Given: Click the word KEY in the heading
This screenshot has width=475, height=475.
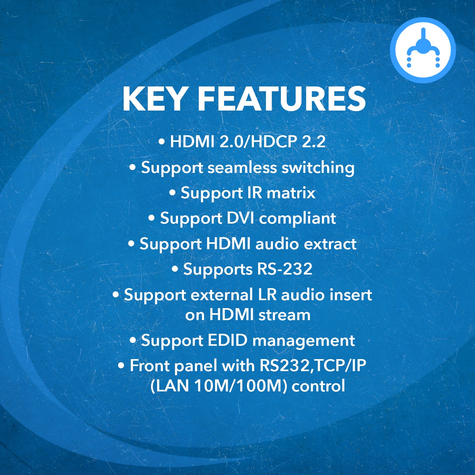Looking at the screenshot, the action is coord(154,99).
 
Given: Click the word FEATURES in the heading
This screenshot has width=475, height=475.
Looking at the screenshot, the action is coord(282,99).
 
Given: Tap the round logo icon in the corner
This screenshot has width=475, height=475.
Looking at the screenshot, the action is coord(423,50).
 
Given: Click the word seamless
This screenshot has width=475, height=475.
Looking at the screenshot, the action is coord(242,168).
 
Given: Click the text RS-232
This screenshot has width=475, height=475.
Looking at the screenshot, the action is coord(285,269).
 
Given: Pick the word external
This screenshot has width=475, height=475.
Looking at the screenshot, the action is coord(222,295).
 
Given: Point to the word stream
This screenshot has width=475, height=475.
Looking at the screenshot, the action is coord(284,315).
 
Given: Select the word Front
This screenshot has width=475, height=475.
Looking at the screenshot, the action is coord(150,366).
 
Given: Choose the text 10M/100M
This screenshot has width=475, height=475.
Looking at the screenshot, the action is coord(238,386).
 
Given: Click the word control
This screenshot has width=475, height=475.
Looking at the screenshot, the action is coord(318,386).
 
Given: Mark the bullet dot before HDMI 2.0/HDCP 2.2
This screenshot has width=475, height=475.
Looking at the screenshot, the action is coord(162,142).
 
